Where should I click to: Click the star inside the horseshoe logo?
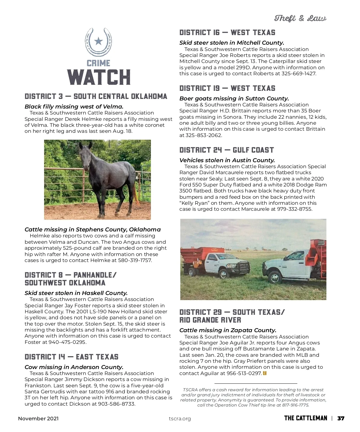pyautogui.click(x=98, y=41)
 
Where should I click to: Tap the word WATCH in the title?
pyautogui.click(x=99, y=77)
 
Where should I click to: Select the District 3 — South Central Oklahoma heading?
pyautogui.click(x=96, y=97)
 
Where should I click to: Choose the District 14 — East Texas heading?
pyautogui.click(x=71, y=357)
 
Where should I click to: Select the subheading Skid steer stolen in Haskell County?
pyautogui.click(x=76, y=293)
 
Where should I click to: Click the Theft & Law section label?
pyautogui.click(x=300, y=19)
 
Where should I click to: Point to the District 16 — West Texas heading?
pyautogui.click(x=227, y=33)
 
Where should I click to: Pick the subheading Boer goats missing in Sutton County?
pyautogui.click(x=234, y=99)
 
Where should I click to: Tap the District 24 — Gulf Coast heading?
pyautogui.click(x=226, y=150)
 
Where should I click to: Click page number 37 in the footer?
pyautogui.click(x=340, y=418)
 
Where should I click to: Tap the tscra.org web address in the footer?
pyautogui.click(x=180, y=419)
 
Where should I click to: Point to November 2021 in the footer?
pyautogui.click(x=38, y=419)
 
